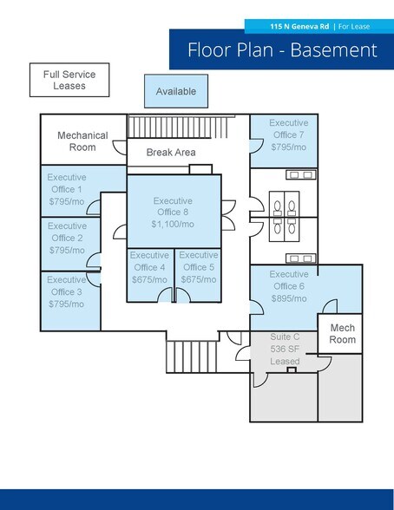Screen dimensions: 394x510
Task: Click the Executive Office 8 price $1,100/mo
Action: click(173, 224)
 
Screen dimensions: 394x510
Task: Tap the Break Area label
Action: click(171, 153)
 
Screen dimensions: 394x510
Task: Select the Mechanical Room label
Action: click(82, 141)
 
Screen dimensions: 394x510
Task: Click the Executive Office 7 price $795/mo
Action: click(289, 147)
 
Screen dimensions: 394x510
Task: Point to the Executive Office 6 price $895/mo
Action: click(289, 298)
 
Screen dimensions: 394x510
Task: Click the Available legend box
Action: click(176, 91)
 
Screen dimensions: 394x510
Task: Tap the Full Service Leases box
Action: click(69, 80)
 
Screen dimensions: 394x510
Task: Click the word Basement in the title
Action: click(333, 50)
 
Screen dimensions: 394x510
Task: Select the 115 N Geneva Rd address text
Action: click(299, 26)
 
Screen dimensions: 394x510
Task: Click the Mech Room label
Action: click(342, 334)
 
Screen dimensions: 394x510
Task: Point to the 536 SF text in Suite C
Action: click(285, 349)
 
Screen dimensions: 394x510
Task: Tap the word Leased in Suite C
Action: click(285, 362)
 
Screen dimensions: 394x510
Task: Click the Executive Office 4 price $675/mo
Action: click(149, 279)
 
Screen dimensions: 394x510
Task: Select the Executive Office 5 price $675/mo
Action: click(199, 279)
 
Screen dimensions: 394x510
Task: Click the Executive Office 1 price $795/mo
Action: click(67, 201)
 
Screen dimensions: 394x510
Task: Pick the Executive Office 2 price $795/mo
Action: click(67, 250)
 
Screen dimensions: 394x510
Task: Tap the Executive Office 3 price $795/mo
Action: click(66, 304)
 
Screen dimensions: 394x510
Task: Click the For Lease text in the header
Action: click(354, 26)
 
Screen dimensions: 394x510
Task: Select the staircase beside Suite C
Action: click(192, 356)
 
